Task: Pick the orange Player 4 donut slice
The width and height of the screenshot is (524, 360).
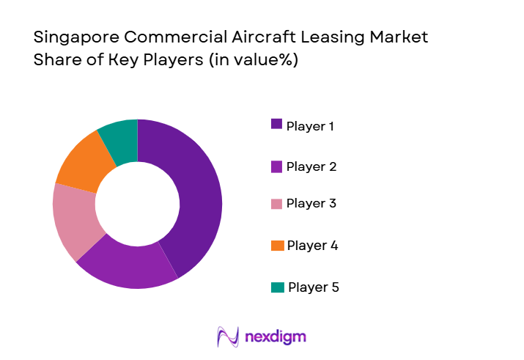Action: (82, 163)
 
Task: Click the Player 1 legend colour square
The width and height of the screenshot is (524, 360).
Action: (276, 124)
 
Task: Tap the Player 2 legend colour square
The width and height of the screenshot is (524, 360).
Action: (276, 166)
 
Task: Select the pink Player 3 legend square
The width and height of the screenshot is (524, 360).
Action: (276, 203)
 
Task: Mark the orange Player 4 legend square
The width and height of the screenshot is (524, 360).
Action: (276, 246)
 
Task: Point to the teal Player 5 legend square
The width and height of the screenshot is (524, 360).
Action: (278, 287)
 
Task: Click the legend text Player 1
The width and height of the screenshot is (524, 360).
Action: (311, 126)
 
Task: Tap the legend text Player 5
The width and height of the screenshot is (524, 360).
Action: (314, 287)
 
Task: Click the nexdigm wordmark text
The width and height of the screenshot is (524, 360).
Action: (275, 337)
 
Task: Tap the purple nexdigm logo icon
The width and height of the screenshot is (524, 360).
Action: (229, 337)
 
